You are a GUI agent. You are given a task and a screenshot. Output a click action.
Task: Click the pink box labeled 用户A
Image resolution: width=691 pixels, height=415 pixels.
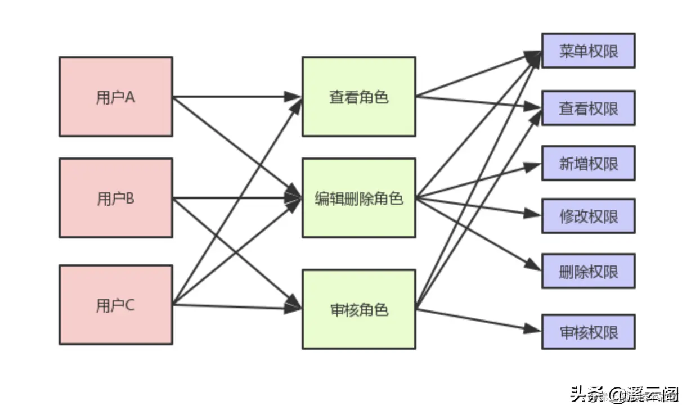pos(115,96)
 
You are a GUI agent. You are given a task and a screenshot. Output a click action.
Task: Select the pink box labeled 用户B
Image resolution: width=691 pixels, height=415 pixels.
pos(115,197)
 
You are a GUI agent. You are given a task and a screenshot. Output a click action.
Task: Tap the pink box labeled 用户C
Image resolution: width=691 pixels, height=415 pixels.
pos(115,304)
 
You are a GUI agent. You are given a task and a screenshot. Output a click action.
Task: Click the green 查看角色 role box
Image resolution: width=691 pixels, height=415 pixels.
pos(358,96)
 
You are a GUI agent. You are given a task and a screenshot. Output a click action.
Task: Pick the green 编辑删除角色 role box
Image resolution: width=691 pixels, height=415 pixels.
pos(358,197)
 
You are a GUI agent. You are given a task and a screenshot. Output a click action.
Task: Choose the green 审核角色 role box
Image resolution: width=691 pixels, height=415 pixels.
pos(358,309)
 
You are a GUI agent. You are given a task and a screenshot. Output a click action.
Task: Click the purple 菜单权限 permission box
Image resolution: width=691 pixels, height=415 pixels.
pos(588,51)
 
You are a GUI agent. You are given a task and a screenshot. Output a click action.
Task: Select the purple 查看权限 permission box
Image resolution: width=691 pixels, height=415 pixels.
pos(588,107)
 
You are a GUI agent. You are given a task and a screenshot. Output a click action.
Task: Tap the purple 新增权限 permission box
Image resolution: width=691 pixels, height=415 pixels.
pos(588,163)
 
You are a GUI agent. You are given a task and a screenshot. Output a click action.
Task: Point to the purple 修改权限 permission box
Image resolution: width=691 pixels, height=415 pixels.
pos(588,215)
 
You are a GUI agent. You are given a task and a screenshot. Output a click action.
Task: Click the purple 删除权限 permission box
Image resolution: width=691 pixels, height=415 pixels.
pos(588,271)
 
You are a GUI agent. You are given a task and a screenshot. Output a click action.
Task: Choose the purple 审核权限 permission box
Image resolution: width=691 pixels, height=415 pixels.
pos(588,331)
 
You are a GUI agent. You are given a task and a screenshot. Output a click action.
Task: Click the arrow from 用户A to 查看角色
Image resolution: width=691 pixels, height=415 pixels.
pos(236,97)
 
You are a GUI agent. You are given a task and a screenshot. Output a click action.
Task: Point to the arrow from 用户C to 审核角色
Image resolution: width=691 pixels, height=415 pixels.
pos(236,306)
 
